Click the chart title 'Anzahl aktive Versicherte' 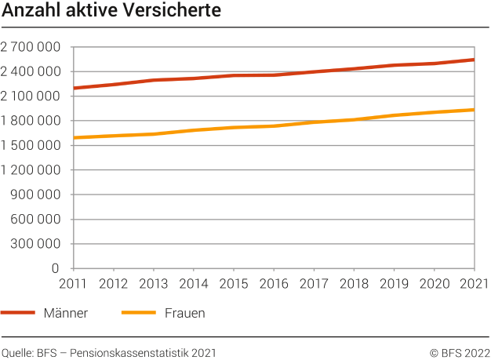tap(111, 12)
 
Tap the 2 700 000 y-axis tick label tap(31, 47)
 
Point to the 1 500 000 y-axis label tap(31, 146)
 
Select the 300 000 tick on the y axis tap(37, 244)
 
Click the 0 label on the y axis tap(56, 268)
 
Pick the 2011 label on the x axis tap(72, 283)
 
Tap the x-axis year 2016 tap(273, 283)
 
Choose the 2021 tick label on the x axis tap(473, 283)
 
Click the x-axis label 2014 tap(193, 283)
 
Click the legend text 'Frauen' tap(185, 313)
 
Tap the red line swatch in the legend tap(19, 313)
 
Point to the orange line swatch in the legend tap(139, 313)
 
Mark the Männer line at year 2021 tap(473, 60)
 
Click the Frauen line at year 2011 tap(73, 138)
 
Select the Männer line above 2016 tap(273, 75)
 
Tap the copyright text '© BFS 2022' tap(459, 352)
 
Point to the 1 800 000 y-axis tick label tap(31, 121)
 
